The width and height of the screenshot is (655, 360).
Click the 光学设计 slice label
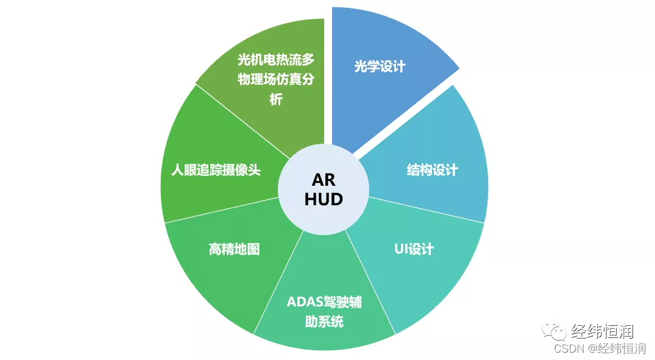pos(380,66)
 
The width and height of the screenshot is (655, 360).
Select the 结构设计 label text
pos(432,170)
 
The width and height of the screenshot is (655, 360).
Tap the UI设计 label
pos(414,249)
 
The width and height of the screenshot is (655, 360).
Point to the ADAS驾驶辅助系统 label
pos(324,311)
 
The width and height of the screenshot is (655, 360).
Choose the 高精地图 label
pos(234,249)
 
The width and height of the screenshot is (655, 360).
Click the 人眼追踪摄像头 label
pos(215,170)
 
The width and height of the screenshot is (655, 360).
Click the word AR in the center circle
pos(324,180)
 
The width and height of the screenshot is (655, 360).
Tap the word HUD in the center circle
pos(324,199)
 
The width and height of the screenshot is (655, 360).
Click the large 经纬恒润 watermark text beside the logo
pos(602,331)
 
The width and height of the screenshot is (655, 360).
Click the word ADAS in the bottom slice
pos(302,303)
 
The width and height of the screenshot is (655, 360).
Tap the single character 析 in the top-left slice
pos(276,100)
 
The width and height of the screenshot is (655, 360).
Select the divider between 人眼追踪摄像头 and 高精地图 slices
pos(225,210)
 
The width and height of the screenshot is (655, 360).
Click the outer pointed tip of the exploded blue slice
pos(459,68)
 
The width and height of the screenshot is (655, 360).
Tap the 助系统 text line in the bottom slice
pos(324,321)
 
